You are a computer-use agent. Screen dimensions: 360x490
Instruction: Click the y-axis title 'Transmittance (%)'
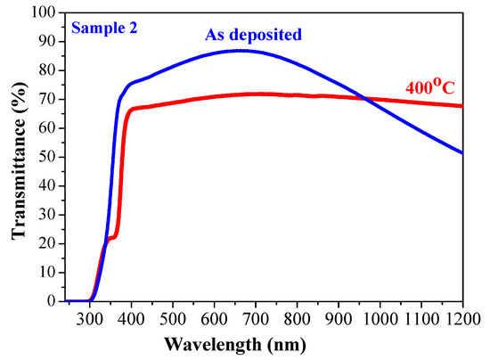coord(19,157)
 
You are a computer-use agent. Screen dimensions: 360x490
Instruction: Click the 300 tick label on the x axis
coord(89,318)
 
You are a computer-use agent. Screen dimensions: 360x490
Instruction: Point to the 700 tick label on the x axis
coord(256,318)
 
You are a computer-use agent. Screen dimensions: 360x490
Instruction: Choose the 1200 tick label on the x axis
coord(461,318)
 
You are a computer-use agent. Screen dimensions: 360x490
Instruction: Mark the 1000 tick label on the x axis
coord(380,318)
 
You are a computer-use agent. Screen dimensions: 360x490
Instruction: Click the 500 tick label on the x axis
coord(173,318)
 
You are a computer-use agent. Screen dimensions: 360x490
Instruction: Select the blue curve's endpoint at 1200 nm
coord(462,153)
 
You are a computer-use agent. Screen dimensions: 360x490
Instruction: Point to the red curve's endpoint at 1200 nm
coord(462,106)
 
